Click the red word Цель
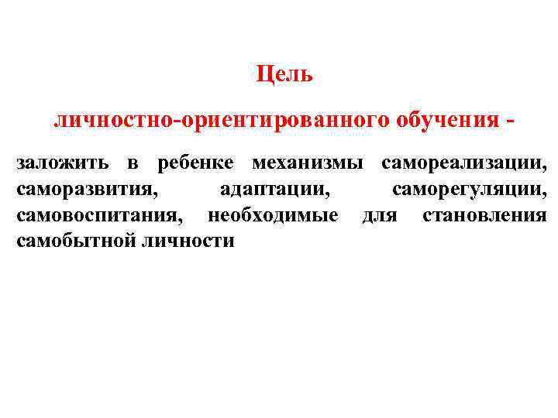pyautogui.click(x=284, y=75)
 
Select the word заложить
pyautogui.click(x=61, y=163)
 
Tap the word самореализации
pyautogui.click(x=463, y=163)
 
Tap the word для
pyautogui.click(x=380, y=214)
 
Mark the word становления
pyautogui.click(x=484, y=214)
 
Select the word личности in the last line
pyautogui.click(x=187, y=240)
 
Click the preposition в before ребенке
pyautogui.click(x=133, y=164)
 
